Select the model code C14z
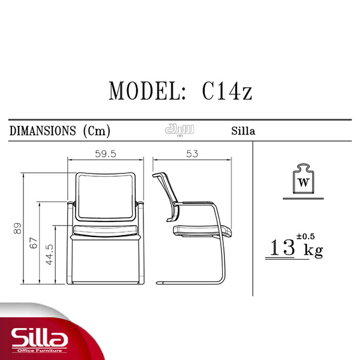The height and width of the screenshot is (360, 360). tap(227, 91)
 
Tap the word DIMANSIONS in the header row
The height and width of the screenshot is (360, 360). tap(43, 131)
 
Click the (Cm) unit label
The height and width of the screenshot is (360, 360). tap(97, 131)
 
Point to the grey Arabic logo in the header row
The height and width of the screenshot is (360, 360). tap(179, 130)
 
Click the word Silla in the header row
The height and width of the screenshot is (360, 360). tap(243, 131)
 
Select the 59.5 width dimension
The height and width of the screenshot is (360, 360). tap(106, 154)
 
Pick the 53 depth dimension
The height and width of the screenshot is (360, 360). tap(192, 154)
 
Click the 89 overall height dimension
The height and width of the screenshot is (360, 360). tap(17, 229)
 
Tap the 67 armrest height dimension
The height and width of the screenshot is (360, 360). tap(34, 243)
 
